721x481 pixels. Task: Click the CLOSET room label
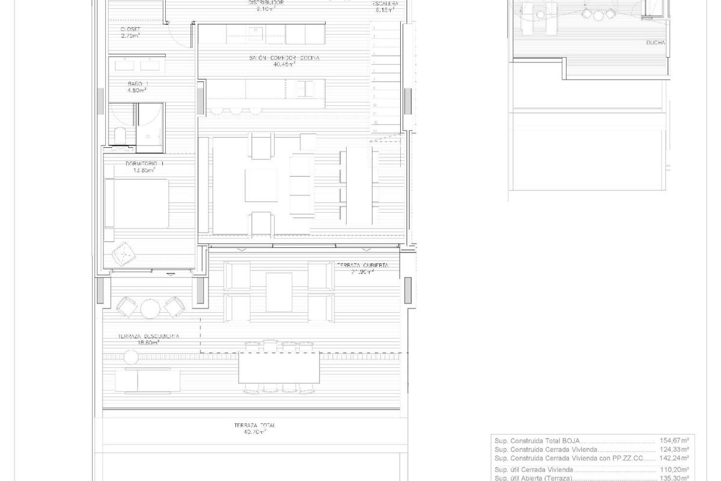pyautogui.click(x=130, y=29)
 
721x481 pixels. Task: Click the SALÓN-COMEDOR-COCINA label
pyautogui.click(x=285, y=58)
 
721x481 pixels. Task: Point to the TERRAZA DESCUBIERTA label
pyautogui.click(x=148, y=337)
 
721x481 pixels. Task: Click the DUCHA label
pyautogui.click(x=655, y=43)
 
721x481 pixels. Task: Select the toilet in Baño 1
pyautogui.click(x=119, y=136)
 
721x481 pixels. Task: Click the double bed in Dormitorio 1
pyautogui.click(x=138, y=203)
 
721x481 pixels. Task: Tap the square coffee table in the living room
pyautogui.click(x=261, y=185)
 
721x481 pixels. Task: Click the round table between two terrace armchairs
pyautogui.click(x=150, y=308)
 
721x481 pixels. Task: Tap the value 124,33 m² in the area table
pyautogui.click(x=675, y=449)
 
